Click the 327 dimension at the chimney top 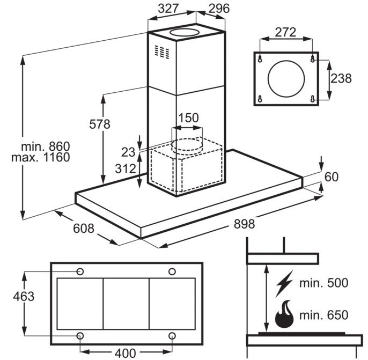tap(168, 9)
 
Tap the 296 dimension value tap(219, 9)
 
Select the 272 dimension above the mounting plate tap(285, 32)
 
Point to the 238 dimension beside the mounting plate tap(341, 78)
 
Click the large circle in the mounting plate tap(286, 79)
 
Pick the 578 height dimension tap(100, 124)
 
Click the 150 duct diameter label tap(188, 117)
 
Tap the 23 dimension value tap(128, 152)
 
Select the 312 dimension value tap(126, 168)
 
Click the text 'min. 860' tap(46, 146)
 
